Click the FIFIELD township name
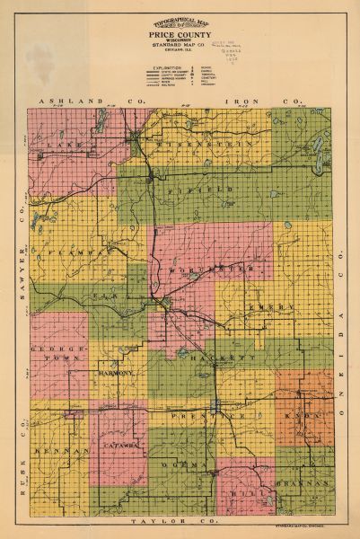coord(213,191)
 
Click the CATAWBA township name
coord(119,444)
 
